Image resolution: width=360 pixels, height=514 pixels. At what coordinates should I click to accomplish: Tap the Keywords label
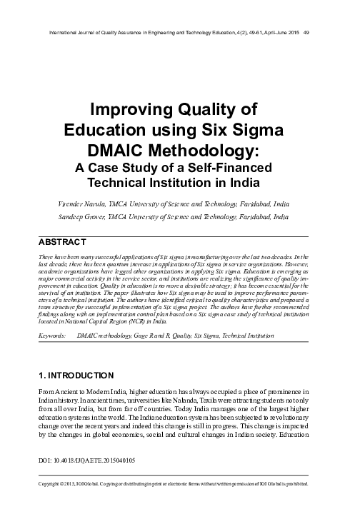click(x=54, y=333)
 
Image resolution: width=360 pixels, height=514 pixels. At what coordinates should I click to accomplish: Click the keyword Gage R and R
click(x=166, y=333)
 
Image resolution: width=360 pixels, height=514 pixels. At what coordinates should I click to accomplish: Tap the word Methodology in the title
click(x=201, y=152)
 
